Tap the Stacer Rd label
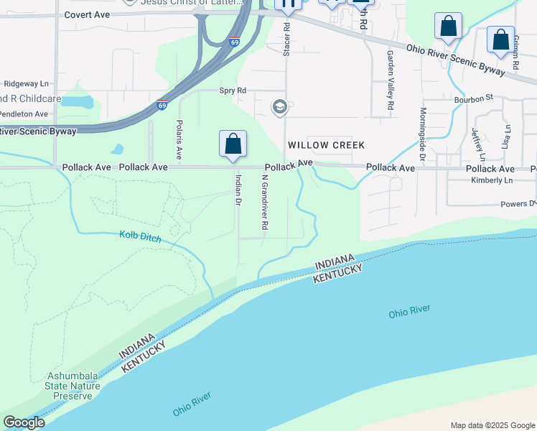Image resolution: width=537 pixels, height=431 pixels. click(286, 40)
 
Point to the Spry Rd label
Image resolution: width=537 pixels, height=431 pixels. click(233, 91)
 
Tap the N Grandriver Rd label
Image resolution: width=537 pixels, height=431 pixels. click(264, 203)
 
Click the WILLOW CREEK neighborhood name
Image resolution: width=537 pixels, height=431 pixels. click(326, 145)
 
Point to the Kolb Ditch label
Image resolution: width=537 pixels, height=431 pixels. click(140, 236)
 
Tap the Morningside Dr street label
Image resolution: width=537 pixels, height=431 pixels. click(423, 135)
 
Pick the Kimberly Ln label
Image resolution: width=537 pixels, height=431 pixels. click(492, 180)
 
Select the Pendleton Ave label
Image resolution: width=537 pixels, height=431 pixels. click(23, 113)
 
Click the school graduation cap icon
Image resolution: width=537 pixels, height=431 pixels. click(279, 108)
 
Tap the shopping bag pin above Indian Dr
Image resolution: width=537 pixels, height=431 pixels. click(233, 144)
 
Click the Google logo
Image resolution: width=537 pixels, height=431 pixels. click(24, 422)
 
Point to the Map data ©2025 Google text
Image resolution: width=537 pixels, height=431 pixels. click(492, 425)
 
